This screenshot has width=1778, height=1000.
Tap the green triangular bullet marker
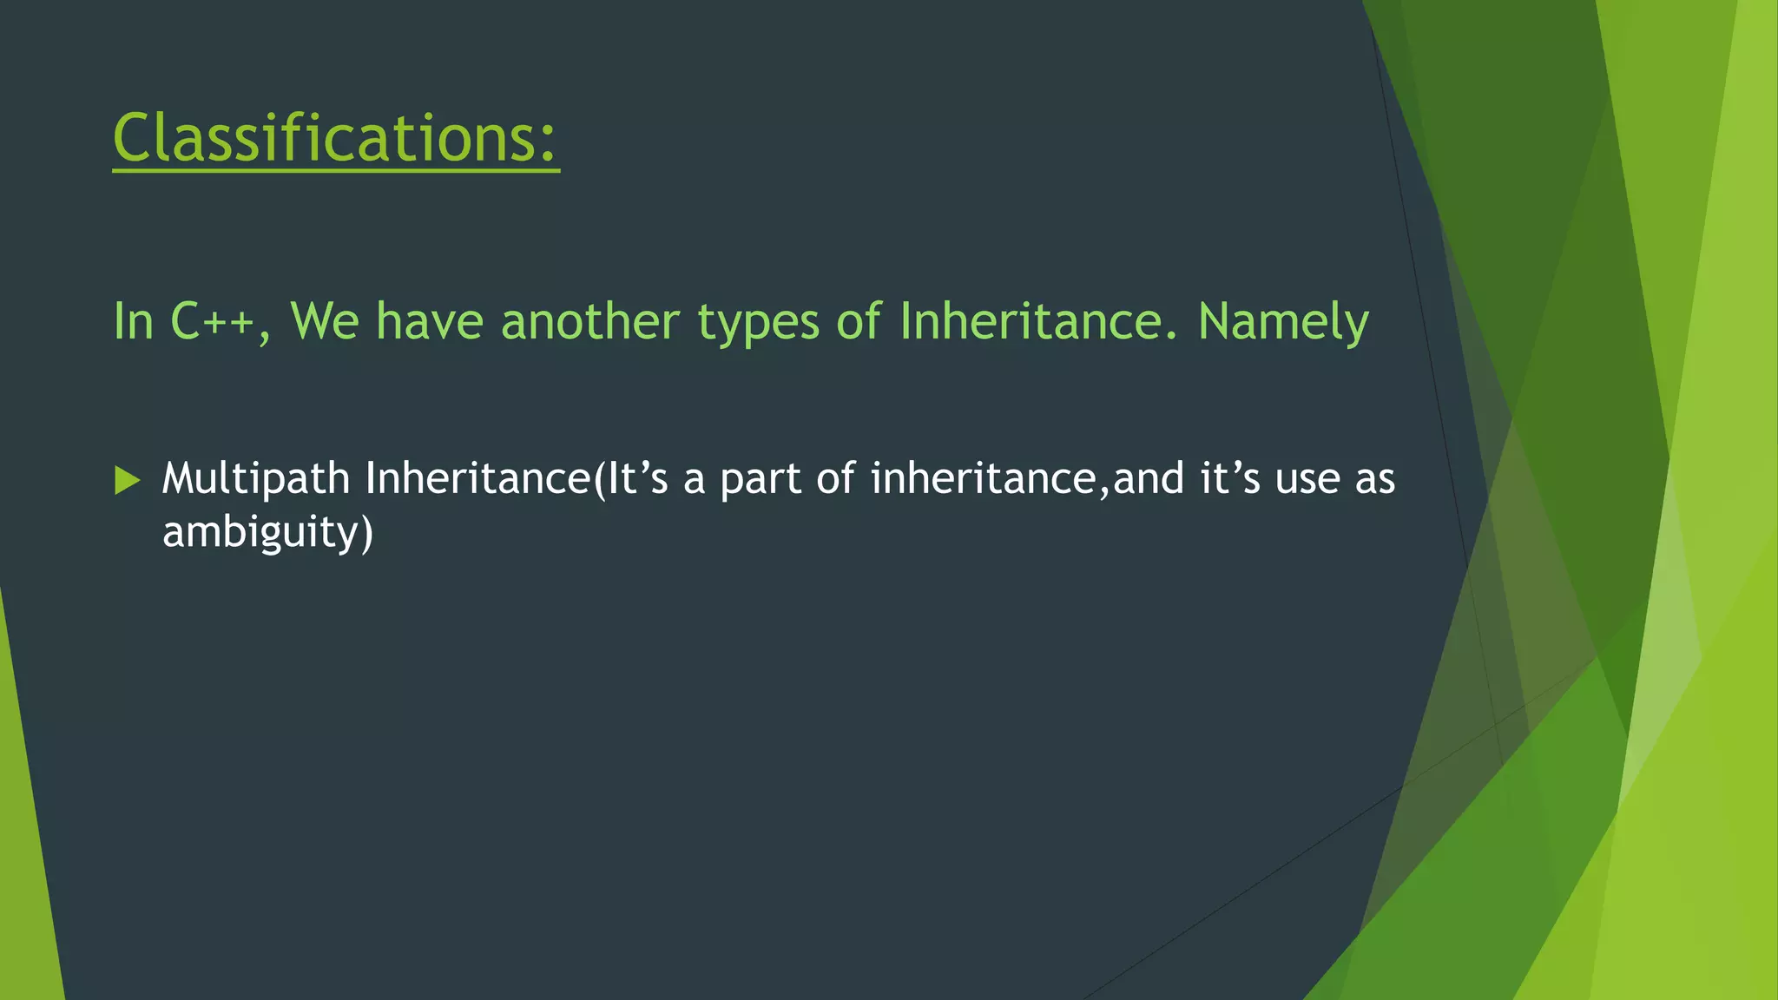(127, 480)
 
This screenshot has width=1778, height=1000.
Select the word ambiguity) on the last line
(267, 532)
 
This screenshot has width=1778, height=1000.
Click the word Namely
(1283, 323)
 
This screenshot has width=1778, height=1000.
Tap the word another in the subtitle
(590, 321)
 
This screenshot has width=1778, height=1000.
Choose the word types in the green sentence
(758, 323)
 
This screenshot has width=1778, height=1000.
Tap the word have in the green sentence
(429, 321)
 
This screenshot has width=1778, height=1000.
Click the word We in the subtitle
(324, 321)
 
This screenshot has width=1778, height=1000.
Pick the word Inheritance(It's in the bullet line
(517, 479)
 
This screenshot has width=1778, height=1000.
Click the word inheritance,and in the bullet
(1027, 479)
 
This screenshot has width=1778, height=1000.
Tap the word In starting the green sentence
(133, 321)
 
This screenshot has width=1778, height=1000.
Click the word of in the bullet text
(835, 479)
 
